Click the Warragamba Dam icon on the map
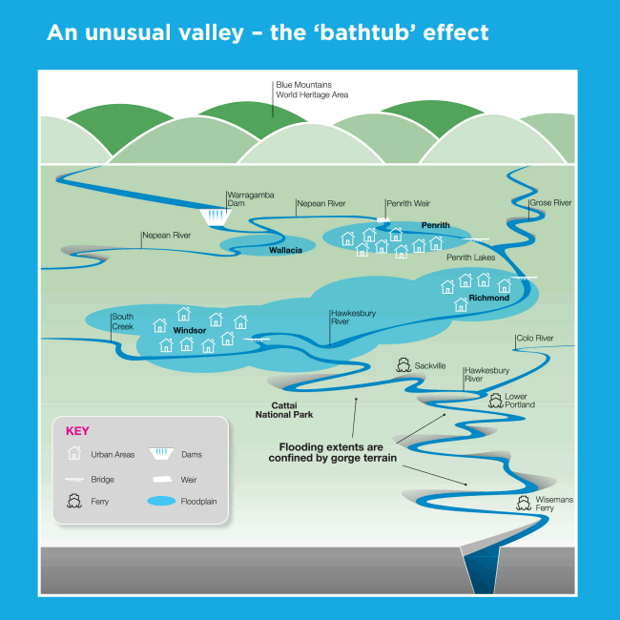coord(216,217)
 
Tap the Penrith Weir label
coord(408,203)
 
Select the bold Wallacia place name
coord(285,250)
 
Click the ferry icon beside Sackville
coord(403,365)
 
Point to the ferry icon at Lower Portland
coord(495,401)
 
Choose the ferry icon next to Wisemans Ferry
coord(524,503)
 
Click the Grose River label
coord(550,203)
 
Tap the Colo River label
coord(535,338)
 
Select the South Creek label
coord(123,321)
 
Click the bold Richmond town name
coord(489,298)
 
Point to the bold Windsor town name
coord(190,330)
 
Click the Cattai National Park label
coord(284,410)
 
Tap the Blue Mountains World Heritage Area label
coord(312,90)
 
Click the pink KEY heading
coord(77,430)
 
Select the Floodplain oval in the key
coord(161,501)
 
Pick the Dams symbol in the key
coord(161,453)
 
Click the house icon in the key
coord(74,453)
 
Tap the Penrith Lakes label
coord(470,258)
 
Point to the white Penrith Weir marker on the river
coord(383,219)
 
